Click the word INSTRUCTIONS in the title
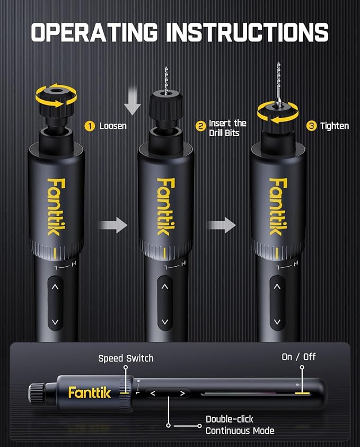tap(247, 32)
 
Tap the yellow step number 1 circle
tap(90, 126)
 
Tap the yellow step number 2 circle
tap(200, 126)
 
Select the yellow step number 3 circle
tap(312, 126)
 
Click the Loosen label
tap(112, 126)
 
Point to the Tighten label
tap(335, 126)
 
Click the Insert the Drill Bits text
tap(227, 128)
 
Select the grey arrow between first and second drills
tap(113, 225)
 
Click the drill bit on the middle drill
tap(166, 80)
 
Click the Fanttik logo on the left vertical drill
tap(55, 206)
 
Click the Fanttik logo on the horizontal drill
tap(90, 393)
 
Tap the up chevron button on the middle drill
tap(165, 287)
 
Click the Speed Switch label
tap(126, 358)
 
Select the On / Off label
tap(298, 357)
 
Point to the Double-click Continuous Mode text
tap(240, 425)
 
